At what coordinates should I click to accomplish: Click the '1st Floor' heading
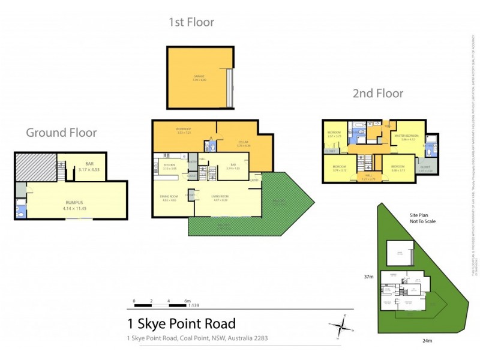coord(191,23)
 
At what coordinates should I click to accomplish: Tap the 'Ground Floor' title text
coord(61,133)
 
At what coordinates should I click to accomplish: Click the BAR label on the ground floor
coord(90,163)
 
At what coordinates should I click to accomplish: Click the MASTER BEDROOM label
coord(407,136)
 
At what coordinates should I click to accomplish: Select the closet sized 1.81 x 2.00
coord(424,169)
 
